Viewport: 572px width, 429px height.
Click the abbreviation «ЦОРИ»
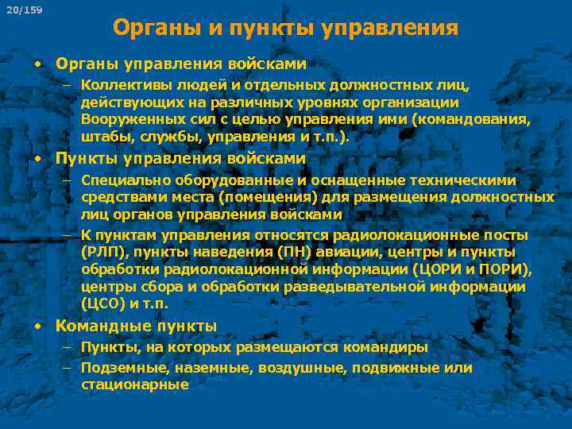click(435, 269)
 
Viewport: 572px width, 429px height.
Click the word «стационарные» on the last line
click(134, 385)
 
